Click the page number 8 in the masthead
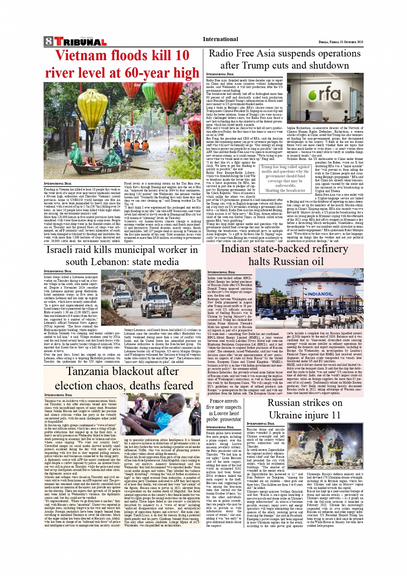coord(48,41)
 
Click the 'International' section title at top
coord(220,39)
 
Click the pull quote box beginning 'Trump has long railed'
coord(285,178)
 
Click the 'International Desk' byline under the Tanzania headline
coord(58,394)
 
